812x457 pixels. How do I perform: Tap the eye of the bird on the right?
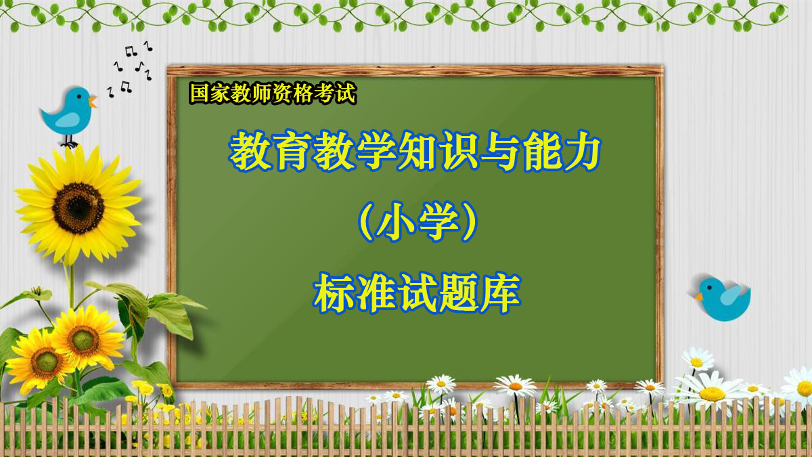coord(709,288)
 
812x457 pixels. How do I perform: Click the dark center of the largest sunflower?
coord(78,208)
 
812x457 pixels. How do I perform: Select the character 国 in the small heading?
coord(200,93)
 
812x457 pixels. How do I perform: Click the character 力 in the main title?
coord(581,150)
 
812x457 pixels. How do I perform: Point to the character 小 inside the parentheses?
coord(396,221)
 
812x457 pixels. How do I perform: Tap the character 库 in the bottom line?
coord(501,293)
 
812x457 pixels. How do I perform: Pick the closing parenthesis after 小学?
coord(469,221)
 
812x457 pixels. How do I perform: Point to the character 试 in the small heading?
coord(346,93)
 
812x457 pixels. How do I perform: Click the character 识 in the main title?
coord(457,150)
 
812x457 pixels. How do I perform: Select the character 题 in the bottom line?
coord(459,293)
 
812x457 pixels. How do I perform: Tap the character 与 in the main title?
coord(499,150)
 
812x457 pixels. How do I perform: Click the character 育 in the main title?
coord(292,150)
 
